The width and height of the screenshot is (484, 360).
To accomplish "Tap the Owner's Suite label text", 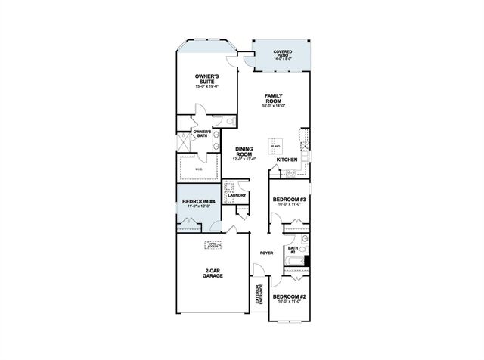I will (206, 79).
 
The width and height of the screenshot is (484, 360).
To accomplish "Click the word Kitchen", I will (287, 160).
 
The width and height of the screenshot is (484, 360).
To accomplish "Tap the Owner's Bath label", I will (201, 134).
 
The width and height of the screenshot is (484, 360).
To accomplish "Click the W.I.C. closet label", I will (198, 169).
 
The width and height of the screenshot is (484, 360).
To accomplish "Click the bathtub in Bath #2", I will (296, 263).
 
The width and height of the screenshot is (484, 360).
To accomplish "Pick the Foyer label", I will (266, 253).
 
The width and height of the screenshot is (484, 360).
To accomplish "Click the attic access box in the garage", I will (215, 244).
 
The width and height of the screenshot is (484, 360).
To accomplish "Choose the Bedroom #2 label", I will (288, 297).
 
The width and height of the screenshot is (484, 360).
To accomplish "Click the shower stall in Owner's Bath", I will (182, 142).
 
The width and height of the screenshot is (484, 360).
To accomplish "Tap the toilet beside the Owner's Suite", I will (230, 121).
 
